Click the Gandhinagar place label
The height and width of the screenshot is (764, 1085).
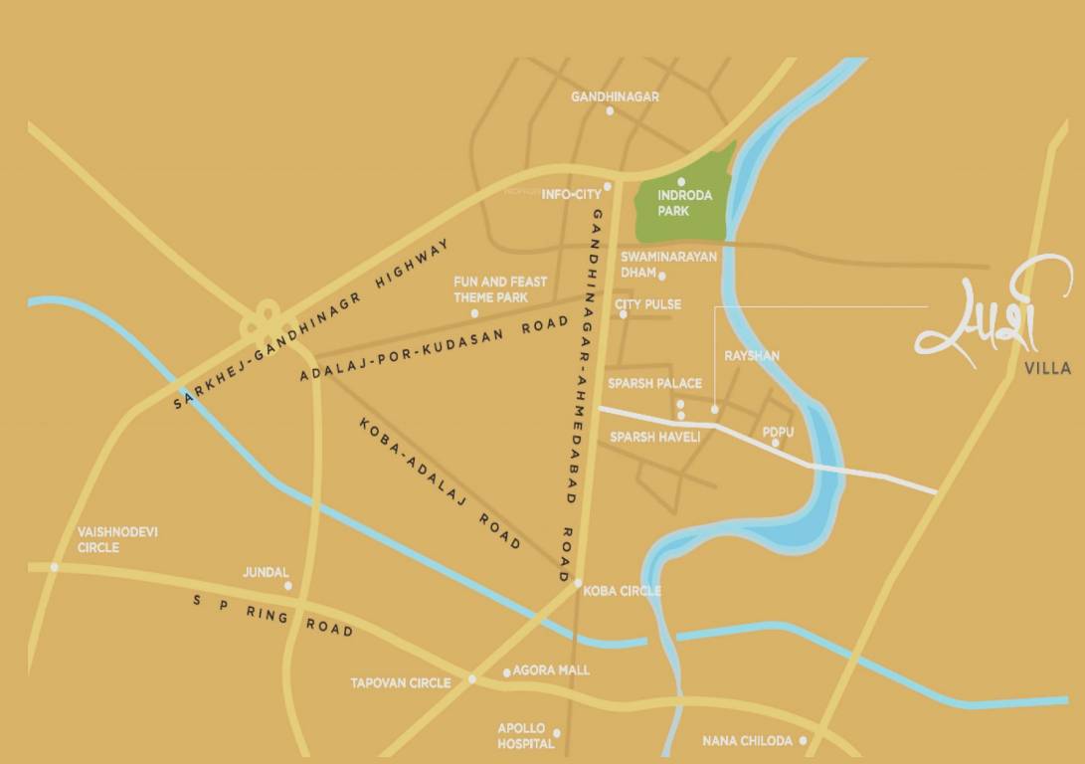pyautogui.click(x=615, y=96)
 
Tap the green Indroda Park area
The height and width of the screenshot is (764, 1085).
pyautogui.click(x=686, y=204)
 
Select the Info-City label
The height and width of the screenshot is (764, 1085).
pyautogui.click(x=571, y=195)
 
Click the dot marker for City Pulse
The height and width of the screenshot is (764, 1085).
pyautogui.click(x=624, y=314)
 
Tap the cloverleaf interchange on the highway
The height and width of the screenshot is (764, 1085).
pyautogui.click(x=266, y=322)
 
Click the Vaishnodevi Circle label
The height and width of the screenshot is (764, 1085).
pyautogui.click(x=117, y=539)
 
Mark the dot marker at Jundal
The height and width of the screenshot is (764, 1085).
pyautogui.click(x=288, y=586)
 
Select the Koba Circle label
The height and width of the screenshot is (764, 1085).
pyautogui.click(x=622, y=591)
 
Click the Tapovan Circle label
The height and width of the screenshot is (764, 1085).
pyautogui.click(x=400, y=683)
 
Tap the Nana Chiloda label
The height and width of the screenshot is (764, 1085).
pyautogui.click(x=747, y=741)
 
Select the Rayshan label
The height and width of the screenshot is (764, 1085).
pyautogui.click(x=752, y=355)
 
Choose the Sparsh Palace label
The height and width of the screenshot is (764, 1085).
pyautogui.click(x=655, y=383)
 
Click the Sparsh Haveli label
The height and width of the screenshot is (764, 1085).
pyautogui.click(x=655, y=437)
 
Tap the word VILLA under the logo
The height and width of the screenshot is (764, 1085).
pyautogui.click(x=1047, y=368)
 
